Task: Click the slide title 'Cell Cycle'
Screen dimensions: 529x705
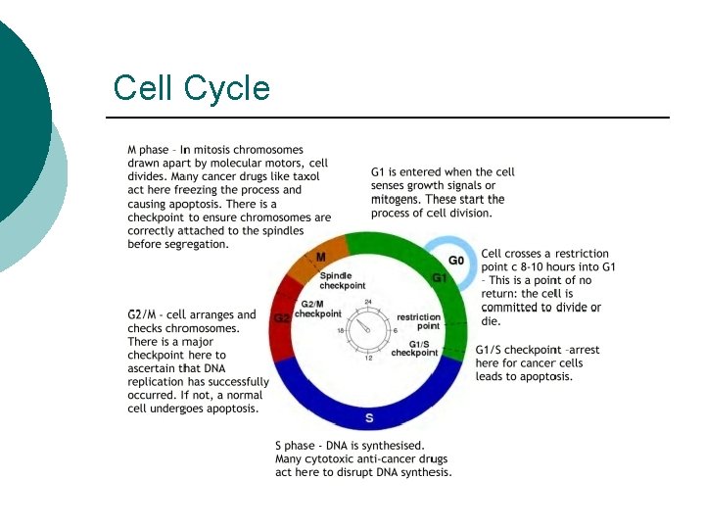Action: click(x=191, y=88)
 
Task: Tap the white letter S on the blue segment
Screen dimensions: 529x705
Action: click(x=369, y=418)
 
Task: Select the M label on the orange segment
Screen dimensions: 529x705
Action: click(x=320, y=258)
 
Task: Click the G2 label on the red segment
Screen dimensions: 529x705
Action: click(x=282, y=318)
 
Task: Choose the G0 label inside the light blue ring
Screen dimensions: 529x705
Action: click(x=456, y=261)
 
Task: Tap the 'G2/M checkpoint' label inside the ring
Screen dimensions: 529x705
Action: click(x=317, y=310)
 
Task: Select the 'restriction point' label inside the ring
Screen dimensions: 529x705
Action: click(x=418, y=321)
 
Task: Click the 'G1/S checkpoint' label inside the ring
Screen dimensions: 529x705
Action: click(x=414, y=348)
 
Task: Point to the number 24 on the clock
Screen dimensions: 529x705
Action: click(x=368, y=302)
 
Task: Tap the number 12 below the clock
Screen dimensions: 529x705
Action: click(x=368, y=359)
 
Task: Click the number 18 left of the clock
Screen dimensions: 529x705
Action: click(x=341, y=331)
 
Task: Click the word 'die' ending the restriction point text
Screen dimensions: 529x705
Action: click(x=491, y=320)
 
